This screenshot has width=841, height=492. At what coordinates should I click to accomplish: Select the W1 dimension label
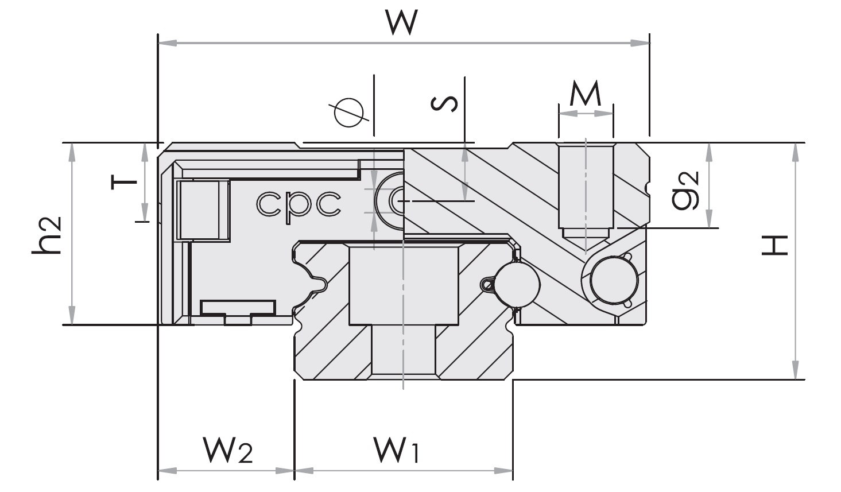396,450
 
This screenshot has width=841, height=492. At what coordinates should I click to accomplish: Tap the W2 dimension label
227,450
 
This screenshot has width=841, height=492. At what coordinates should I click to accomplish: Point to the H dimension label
774,245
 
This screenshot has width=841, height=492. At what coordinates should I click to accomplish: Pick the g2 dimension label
686,189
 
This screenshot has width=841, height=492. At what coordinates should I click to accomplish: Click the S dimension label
445,103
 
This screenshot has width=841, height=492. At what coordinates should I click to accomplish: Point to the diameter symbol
349,113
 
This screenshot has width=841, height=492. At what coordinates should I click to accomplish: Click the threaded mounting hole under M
586,187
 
